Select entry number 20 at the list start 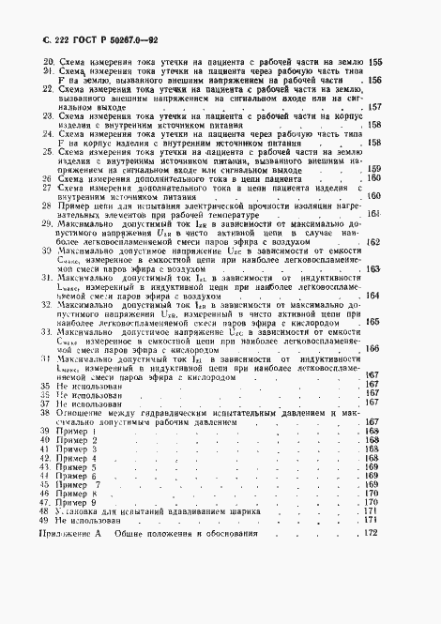50,63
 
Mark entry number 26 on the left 50,178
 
